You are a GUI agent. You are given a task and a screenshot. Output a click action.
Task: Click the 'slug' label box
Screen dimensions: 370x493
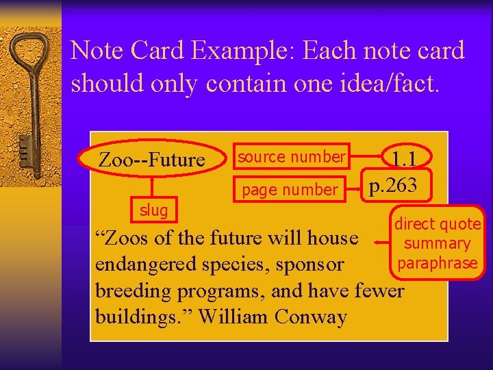(x=153, y=210)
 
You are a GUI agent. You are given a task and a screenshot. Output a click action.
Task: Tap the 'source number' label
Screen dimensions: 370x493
(x=291, y=157)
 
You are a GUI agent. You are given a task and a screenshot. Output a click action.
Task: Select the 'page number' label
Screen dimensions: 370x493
(x=290, y=190)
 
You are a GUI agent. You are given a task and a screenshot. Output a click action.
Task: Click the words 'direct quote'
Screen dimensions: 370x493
(x=438, y=224)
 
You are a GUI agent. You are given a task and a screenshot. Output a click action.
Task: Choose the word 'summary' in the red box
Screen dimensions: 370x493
(x=437, y=243)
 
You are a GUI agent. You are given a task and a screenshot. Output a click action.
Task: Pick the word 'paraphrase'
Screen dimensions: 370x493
(x=437, y=263)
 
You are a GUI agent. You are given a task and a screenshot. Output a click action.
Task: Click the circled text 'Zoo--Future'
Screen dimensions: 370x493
(x=152, y=160)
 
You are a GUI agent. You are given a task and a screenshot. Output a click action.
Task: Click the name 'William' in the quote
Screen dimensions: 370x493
(x=233, y=317)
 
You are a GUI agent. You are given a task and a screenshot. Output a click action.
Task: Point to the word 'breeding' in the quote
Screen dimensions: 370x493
(x=134, y=291)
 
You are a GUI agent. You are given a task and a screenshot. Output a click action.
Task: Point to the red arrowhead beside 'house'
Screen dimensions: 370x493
(x=378, y=241)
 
